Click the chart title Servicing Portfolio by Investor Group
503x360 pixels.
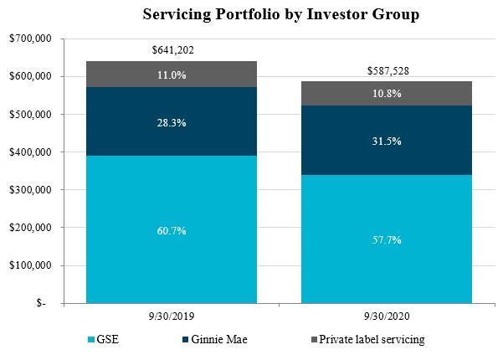[x=280, y=15]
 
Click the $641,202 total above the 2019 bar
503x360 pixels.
[x=171, y=49]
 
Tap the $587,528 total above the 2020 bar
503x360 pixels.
[x=388, y=70]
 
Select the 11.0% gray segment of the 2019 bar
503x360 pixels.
[x=171, y=74]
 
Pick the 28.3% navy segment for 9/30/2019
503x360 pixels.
[x=171, y=122]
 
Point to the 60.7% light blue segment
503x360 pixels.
[x=171, y=229]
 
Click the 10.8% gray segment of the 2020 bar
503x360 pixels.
[x=388, y=94]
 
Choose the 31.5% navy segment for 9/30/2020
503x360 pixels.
[x=388, y=141]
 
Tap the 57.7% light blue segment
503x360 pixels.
[x=388, y=239]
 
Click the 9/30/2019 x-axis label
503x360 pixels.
[x=171, y=315]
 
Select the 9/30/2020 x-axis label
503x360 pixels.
[x=388, y=315]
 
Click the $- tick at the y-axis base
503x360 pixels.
[x=42, y=304]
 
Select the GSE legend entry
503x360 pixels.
[x=104, y=340]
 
